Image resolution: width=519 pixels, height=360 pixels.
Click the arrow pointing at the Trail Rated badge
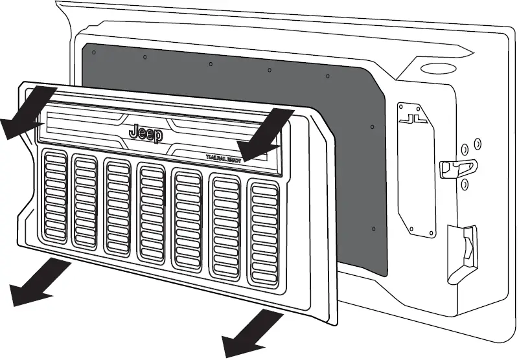coord(262,133)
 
